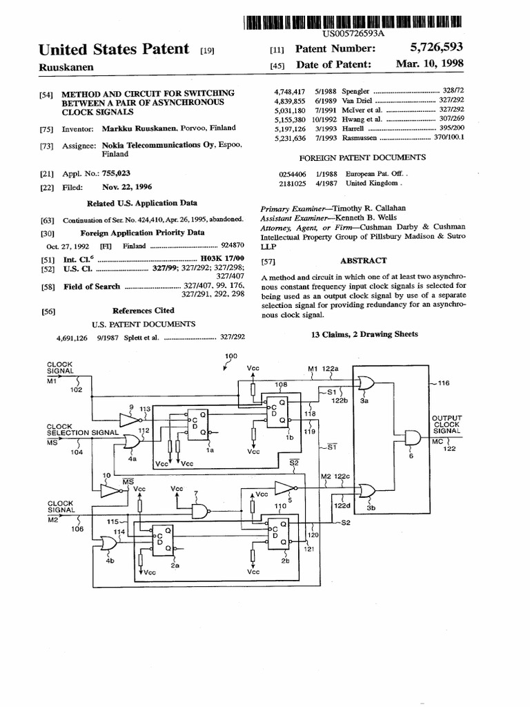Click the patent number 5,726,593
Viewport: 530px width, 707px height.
[435, 48]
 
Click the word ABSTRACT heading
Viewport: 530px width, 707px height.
[363, 260]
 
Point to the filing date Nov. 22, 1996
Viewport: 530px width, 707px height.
[128, 187]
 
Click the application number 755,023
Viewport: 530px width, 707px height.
[119, 174]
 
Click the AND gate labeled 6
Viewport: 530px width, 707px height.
[412, 438]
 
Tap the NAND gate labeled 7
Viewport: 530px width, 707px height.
[200, 511]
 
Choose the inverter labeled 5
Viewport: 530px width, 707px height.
[283, 489]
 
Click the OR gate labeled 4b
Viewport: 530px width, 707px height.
[109, 545]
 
